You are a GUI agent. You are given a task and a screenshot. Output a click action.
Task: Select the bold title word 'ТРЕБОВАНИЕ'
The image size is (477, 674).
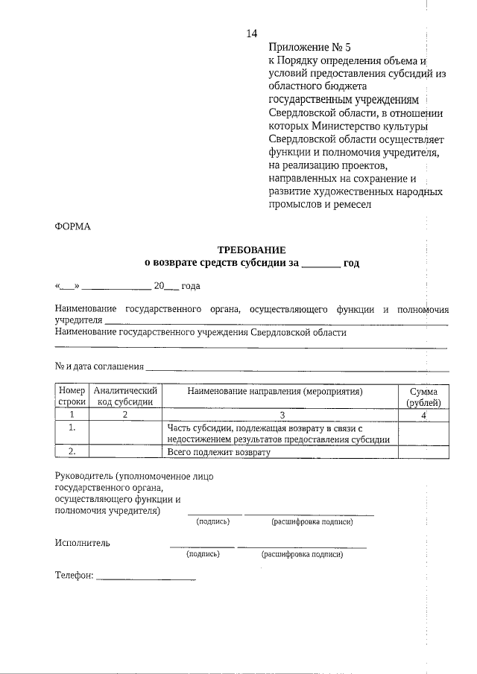point(251,250)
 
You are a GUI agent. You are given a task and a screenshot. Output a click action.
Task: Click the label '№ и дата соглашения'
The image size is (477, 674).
point(99,366)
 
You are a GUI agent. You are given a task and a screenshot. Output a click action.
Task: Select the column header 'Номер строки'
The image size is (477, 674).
point(72,396)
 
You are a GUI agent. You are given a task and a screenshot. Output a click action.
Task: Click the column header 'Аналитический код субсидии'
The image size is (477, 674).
point(125,396)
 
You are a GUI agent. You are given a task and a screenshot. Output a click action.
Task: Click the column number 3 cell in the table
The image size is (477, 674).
point(282,415)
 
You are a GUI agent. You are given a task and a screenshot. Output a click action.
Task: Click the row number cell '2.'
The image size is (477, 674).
point(72,451)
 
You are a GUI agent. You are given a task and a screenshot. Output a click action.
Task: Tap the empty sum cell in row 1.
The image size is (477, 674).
point(423,433)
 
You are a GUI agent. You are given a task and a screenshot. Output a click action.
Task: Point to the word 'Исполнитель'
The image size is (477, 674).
point(82,542)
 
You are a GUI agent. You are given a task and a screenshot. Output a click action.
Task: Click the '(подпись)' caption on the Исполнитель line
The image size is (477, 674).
point(202,555)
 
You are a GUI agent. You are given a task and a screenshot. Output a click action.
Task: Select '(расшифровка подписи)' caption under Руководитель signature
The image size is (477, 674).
point(312,522)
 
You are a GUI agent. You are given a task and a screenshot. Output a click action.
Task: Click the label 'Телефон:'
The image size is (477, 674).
point(75,576)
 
